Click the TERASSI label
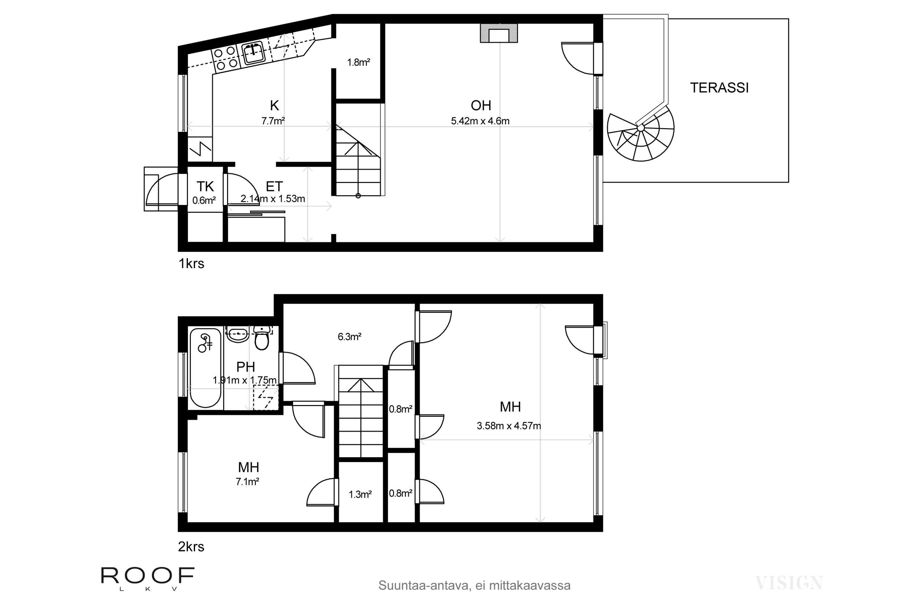(x=719, y=88)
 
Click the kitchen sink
(x=253, y=54)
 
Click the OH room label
(x=481, y=105)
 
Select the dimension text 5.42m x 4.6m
(x=480, y=121)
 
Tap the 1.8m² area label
(x=359, y=62)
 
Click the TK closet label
(x=205, y=187)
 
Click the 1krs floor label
(x=191, y=264)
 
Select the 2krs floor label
(x=191, y=547)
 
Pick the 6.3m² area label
(x=349, y=336)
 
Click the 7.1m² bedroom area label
(x=248, y=482)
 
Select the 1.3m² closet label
(x=360, y=494)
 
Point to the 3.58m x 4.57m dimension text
(x=509, y=426)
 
